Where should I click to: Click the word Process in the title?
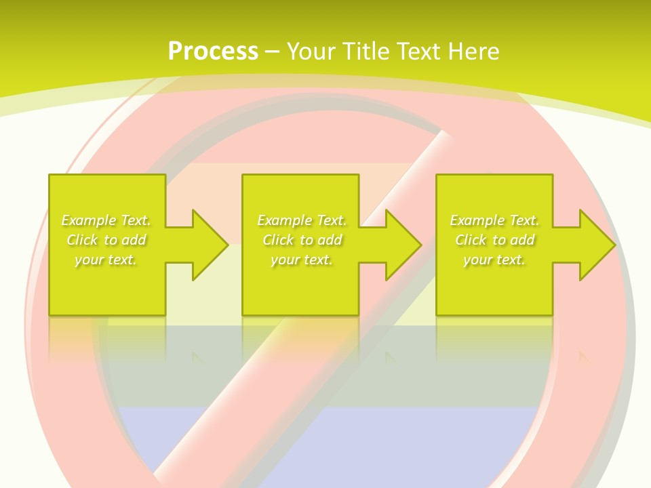pyautogui.click(x=213, y=52)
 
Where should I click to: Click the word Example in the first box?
pyautogui.click(x=88, y=220)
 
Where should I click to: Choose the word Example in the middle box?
pyautogui.click(x=284, y=220)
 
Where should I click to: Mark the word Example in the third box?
pyautogui.click(x=477, y=220)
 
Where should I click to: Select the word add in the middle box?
pyautogui.click(x=330, y=240)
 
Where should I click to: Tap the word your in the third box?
pyautogui.click(x=477, y=260)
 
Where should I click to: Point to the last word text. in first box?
pyautogui.click(x=121, y=260)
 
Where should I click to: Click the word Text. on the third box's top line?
pyautogui.click(x=524, y=220)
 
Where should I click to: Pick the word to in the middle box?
pyautogui.click(x=307, y=240)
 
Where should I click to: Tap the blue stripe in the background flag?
pyautogui.click(x=325, y=441)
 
